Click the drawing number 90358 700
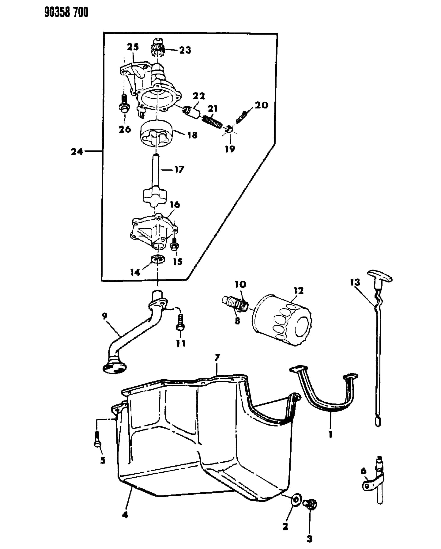pos(66,12)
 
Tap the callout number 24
pos(77,151)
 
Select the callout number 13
pos(355,282)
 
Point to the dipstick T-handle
pos(380,275)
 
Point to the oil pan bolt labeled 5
pos(98,439)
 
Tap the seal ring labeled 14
pos(158,259)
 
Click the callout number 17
pos(179,169)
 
